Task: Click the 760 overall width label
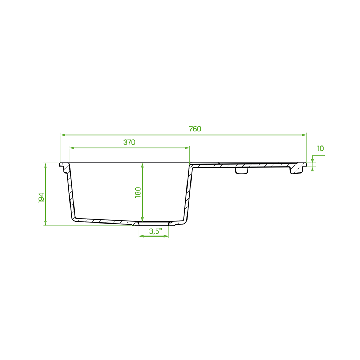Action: coord(195,129)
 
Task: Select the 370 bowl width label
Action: coord(129,142)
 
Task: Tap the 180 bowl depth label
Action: coord(138,192)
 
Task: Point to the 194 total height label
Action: coord(41,198)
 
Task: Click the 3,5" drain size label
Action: coord(156,231)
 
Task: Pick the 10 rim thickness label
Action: coord(320,149)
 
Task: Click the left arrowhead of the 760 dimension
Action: coord(63,135)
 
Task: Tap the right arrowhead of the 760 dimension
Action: coord(304,135)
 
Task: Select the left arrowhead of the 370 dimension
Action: coord(72,148)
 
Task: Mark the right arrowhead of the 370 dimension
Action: coord(187,148)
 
